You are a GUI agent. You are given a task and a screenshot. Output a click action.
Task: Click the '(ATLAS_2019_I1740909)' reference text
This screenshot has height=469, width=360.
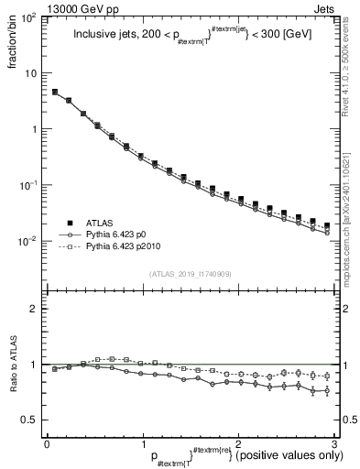click(189, 274)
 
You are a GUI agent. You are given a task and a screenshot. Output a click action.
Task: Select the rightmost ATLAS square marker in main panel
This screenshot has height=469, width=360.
click(327, 225)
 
